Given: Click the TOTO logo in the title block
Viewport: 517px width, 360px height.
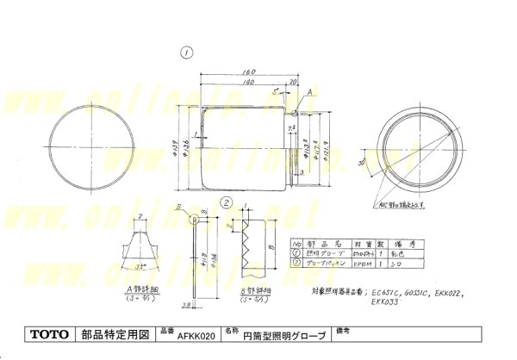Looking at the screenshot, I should coord(47,333).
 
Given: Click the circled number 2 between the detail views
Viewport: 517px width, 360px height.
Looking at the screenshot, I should coord(226,204).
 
